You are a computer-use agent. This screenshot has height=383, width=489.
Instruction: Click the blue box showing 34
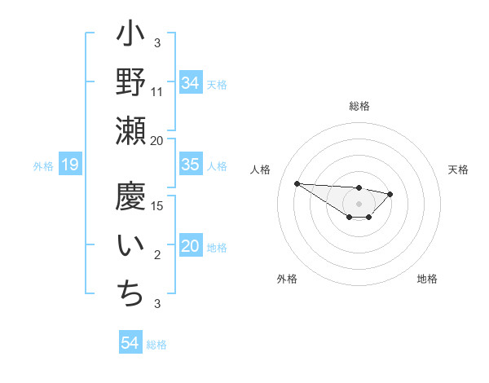pos(191,82)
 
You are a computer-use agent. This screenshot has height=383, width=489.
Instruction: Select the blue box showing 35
pos(191,165)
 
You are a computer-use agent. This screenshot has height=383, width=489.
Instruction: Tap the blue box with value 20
pos(191,247)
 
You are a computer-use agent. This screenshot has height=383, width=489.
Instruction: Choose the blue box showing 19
pos(69,165)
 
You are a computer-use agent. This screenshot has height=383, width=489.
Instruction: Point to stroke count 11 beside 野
pos(157,93)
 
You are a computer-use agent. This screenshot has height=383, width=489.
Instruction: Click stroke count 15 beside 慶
pos(158,205)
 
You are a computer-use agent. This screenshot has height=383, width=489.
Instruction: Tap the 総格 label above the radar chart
pos(359,106)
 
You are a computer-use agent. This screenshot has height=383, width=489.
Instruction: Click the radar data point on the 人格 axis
pos(297,183)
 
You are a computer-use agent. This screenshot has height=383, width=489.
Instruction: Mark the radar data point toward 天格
pos(390,194)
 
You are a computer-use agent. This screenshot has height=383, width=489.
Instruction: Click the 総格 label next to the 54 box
pos(156,345)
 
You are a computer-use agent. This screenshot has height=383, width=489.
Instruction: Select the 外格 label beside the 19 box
pos(43,166)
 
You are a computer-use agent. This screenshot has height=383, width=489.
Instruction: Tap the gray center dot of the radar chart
pos(359,204)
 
